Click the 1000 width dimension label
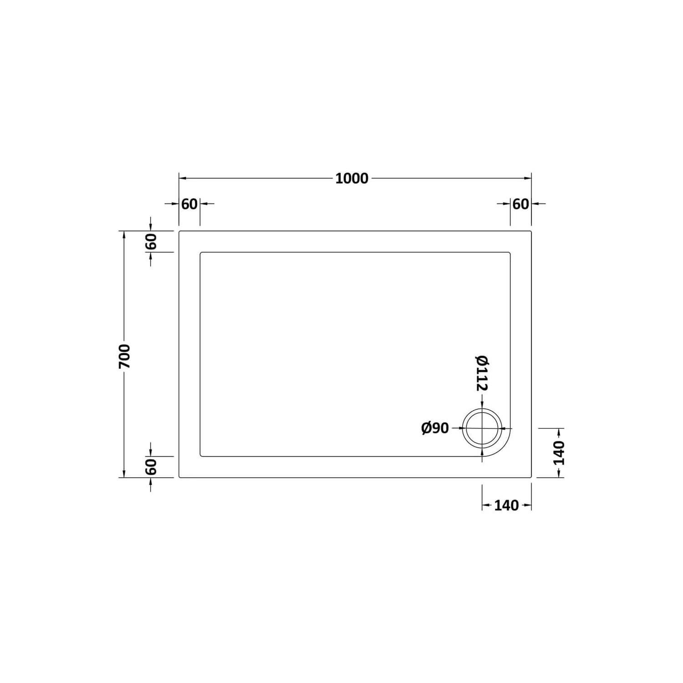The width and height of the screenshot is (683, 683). [x=352, y=178]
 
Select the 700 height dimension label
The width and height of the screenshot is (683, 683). [x=124, y=356]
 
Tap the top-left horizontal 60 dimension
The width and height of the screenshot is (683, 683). [x=189, y=204]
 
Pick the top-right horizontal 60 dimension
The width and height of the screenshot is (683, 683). [x=520, y=204]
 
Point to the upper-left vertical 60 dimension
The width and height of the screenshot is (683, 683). [x=151, y=241]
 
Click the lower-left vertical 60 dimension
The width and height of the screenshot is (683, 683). [x=151, y=467]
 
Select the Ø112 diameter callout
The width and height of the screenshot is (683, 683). [x=482, y=373]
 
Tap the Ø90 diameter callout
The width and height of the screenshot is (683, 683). [x=435, y=428]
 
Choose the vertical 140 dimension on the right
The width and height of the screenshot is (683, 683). [x=559, y=453]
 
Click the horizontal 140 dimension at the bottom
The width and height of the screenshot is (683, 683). [x=506, y=505]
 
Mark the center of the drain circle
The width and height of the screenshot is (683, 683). [x=482, y=428]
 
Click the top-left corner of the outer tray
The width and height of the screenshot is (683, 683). [x=179, y=231]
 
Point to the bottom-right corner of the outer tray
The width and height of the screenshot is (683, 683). [x=531, y=477]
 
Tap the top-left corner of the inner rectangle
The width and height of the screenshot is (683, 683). [x=201, y=253]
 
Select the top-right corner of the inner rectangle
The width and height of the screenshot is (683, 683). [x=510, y=253]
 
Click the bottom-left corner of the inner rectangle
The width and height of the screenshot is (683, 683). [x=201, y=456]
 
